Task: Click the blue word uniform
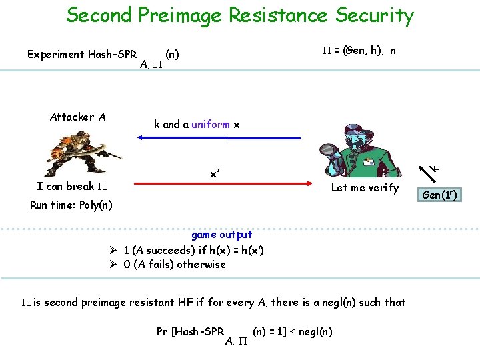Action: [x=211, y=124]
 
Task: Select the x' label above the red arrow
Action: [x=215, y=173]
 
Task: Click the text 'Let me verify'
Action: [x=365, y=188]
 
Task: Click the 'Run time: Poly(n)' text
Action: [x=71, y=205]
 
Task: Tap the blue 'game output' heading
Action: [x=221, y=235]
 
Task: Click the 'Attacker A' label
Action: [x=77, y=117]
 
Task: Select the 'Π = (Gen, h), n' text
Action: [x=356, y=51]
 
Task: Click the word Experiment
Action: [x=56, y=55]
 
